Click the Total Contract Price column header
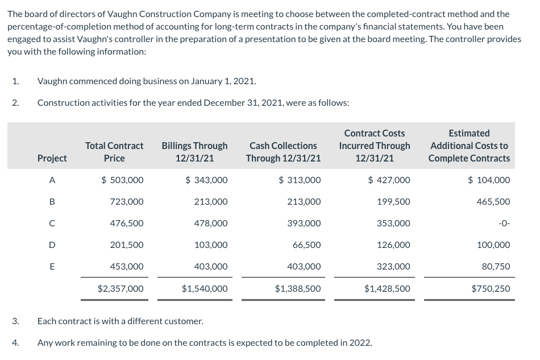pos(114,152)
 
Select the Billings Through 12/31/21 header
pos(194,152)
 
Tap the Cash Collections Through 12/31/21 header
pos(283,152)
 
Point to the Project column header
pos(52,158)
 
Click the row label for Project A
pos(52,180)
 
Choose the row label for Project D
pos(52,245)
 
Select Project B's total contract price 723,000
pos(126,202)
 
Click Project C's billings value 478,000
pos(210,224)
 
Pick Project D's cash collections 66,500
pos(306,245)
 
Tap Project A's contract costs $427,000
pos(389,180)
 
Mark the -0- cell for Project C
pos(504,224)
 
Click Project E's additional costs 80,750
pos(496,267)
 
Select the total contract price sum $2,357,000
pos(121,289)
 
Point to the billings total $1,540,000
pos(205,289)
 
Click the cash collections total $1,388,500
pos(297,289)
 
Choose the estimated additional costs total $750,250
pos(491,289)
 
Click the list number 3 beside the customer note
pos(15,321)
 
